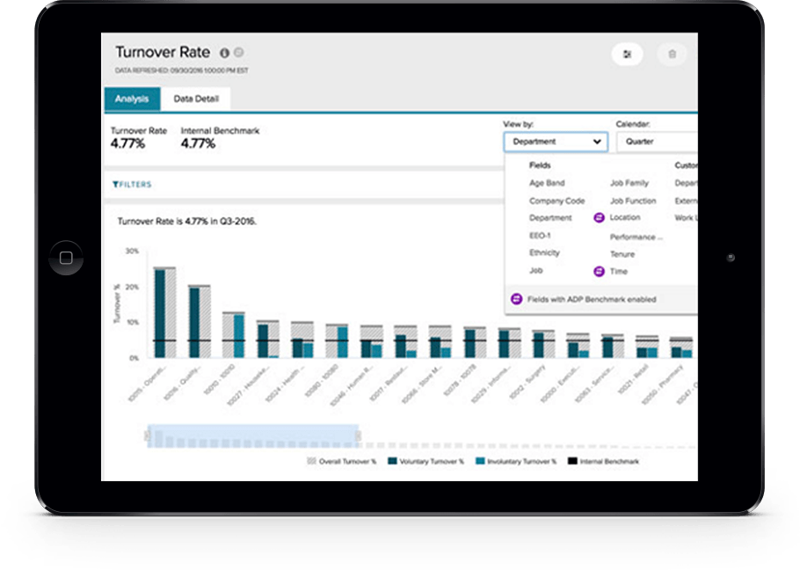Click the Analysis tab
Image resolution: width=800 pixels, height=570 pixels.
[132, 99]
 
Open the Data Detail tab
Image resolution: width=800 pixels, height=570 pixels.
[195, 99]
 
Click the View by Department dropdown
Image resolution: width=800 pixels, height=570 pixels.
[555, 141]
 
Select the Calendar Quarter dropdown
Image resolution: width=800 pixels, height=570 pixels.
[655, 141]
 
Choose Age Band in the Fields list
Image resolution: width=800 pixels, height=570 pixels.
[547, 183]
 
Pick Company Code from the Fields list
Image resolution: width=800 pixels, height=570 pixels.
[556, 201]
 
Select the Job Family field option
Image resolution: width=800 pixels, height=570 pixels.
[629, 183]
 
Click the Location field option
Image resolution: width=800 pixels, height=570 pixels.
[625, 217]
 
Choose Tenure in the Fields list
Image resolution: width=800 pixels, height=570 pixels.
[622, 254]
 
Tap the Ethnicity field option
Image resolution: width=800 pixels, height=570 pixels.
[544, 252]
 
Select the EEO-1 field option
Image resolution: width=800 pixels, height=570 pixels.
[540, 236]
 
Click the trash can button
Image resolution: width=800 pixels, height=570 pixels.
[673, 55]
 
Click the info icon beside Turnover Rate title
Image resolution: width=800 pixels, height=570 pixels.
[224, 53]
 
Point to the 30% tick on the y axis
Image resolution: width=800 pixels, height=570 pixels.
[131, 251]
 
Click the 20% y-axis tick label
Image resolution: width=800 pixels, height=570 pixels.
[131, 287]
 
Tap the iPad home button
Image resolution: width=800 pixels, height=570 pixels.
[66, 258]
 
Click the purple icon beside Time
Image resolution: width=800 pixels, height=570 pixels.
[600, 272]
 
